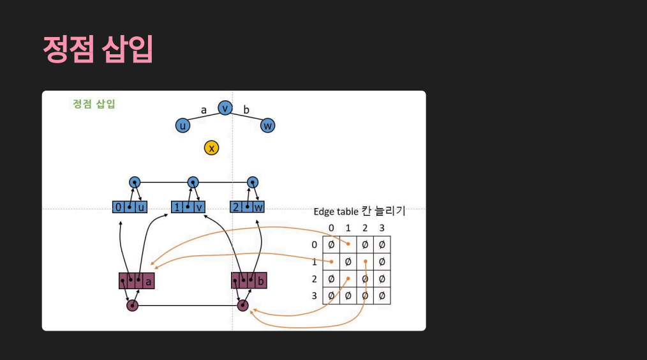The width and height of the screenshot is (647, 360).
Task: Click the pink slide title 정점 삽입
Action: (x=98, y=49)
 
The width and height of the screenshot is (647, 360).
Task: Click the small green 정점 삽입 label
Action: (x=94, y=104)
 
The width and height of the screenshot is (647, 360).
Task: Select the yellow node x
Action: (x=211, y=148)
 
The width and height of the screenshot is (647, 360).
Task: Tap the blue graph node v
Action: (x=225, y=108)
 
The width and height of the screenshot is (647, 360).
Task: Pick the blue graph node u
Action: (x=182, y=126)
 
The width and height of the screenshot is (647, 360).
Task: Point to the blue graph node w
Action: (x=268, y=126)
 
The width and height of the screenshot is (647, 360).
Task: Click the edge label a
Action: (x=204, y=110)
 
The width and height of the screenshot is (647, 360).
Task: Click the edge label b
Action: (x=246, y=110)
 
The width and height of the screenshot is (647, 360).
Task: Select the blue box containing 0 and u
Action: (x=130, y=207)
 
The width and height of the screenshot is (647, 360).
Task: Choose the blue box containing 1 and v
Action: (x=188, y=207)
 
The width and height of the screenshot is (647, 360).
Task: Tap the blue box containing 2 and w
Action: (x=247, y=207)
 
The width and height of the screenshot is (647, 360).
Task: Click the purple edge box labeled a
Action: (x=137, y=280)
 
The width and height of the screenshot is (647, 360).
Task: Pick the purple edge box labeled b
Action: (x=249, y=280)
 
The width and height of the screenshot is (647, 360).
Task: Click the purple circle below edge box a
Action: (x=132, y=306)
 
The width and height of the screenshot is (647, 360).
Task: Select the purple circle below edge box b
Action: (x=242, y=306)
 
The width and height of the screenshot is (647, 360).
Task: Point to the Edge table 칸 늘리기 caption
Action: (x=359, y=212)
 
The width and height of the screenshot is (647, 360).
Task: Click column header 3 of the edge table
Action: (x=382, y=228)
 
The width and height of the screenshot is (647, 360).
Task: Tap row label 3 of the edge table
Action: (x=314, y=296)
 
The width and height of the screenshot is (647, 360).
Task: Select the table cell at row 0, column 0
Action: (x=331, y=244)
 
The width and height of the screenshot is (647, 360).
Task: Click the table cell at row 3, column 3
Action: (x=382, y=296)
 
